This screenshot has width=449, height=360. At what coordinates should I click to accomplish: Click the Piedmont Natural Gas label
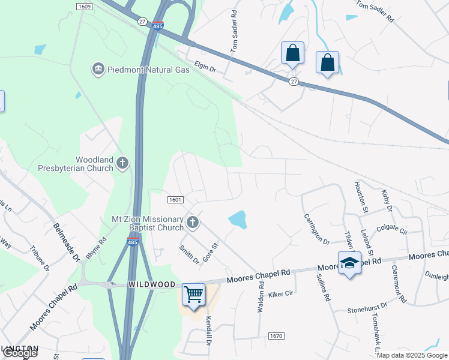(149, 70)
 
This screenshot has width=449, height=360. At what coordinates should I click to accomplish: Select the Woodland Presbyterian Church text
(94, 164)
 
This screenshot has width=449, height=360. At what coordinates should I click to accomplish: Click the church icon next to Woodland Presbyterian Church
(122, 163)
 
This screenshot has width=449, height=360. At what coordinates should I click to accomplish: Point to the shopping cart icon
(193, 295)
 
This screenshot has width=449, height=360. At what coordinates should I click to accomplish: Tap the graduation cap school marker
(349, 263)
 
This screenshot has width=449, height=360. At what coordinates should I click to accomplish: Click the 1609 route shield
(84, 6)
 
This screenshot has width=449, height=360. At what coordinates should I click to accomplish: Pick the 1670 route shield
(276, 336)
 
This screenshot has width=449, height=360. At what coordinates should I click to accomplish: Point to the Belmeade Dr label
(67, 241)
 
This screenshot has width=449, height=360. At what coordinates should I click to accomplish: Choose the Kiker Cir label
(281, 294)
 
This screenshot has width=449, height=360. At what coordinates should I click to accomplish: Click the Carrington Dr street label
(317, 229)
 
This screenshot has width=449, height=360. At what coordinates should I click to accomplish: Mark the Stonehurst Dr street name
(368, 310)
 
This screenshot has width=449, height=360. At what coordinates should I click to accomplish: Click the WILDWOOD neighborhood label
(152, 284)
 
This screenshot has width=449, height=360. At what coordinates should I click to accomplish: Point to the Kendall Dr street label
(209, 331)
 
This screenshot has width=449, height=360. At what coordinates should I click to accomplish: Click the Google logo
(20, 353)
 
